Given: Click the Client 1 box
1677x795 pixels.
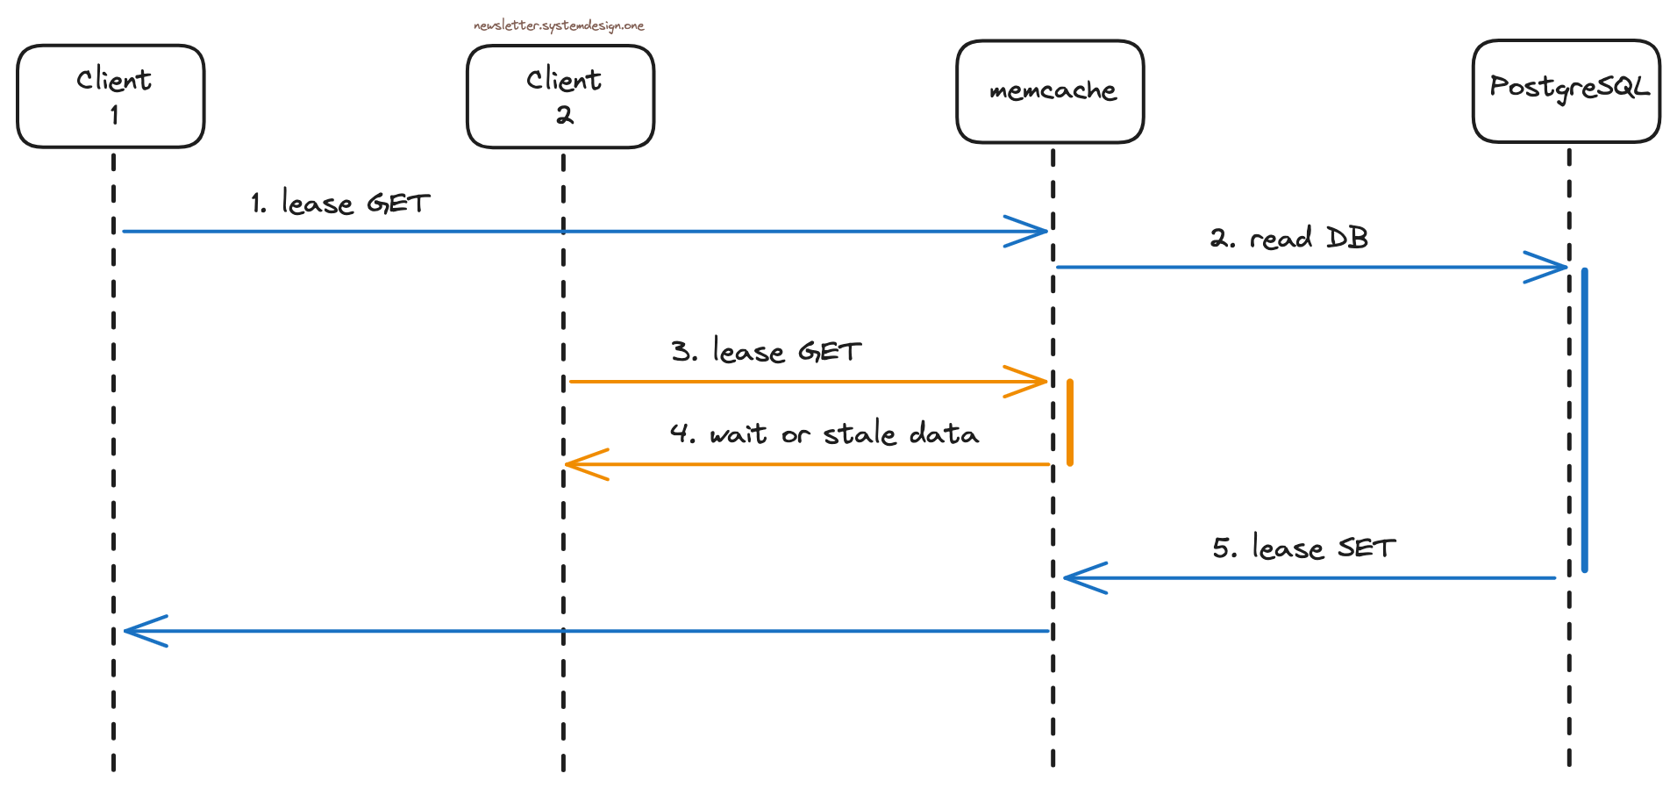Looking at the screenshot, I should (x=111, y=97).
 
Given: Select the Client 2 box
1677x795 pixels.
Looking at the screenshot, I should (x=560, y=97).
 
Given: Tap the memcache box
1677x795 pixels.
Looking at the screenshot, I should (x=1050, y=91).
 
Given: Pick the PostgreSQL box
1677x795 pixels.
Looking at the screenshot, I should (x=1566, y=90).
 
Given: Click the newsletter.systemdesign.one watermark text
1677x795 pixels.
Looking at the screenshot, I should (x=559, y=25).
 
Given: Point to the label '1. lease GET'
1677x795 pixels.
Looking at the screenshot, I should (x=340, y=204).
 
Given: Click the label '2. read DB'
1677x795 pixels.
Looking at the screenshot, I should (x=1288, y=238).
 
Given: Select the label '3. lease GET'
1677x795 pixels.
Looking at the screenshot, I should (x=766, y=352).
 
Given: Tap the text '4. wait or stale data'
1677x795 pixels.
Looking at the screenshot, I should (x=824, y=433).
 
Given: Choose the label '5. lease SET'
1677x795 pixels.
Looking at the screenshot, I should (x=1303, y=548).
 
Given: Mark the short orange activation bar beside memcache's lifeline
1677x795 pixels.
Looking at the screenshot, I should (x=1070, y=422).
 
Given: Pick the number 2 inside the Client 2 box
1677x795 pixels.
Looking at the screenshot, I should (x=564, y=115).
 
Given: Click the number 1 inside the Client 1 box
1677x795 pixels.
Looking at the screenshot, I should (x=114, y=115).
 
